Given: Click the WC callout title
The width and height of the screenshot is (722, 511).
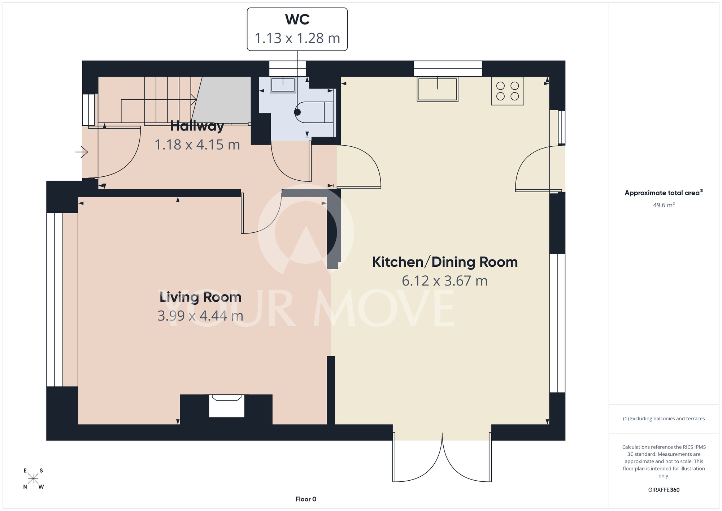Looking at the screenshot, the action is (297, 20).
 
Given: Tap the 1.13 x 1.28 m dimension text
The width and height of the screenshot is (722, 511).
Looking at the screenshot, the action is (297, 38).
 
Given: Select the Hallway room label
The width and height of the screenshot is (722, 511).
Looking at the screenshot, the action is (197, 126).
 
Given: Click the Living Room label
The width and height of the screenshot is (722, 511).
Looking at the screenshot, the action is (200, 297).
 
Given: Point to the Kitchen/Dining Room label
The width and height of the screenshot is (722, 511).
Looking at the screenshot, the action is (445, 262).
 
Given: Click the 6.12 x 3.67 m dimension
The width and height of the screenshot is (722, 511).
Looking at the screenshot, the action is (445, 281).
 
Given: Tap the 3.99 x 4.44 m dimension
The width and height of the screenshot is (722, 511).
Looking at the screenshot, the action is (200, 316).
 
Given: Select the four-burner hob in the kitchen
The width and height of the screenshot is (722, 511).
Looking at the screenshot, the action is (508, 91).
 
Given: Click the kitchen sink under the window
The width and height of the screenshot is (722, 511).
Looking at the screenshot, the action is (438, 89).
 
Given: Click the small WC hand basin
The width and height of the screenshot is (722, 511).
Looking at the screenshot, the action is (283, 85).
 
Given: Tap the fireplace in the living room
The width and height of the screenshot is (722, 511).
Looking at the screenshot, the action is (227, 406).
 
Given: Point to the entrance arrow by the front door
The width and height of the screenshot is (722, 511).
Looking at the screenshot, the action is (82, 152).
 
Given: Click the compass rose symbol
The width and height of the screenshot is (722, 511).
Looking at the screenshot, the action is (33, 479).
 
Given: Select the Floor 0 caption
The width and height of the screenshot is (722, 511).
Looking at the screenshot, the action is (306, 499).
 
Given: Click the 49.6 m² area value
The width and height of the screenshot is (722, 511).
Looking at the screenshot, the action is (664, 205).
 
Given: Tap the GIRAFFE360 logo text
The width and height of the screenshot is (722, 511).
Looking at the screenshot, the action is (664, 490).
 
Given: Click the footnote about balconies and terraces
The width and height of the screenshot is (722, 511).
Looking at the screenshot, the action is (664, 418).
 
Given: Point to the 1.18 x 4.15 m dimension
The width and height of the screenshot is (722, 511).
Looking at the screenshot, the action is (197, 145).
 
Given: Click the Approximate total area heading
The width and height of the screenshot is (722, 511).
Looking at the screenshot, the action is (664, 193).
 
